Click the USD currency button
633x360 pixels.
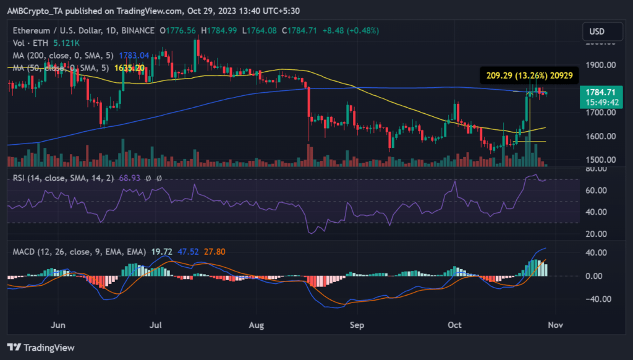597,31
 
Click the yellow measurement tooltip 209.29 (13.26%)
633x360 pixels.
529,75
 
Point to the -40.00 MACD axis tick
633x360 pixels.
598,299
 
